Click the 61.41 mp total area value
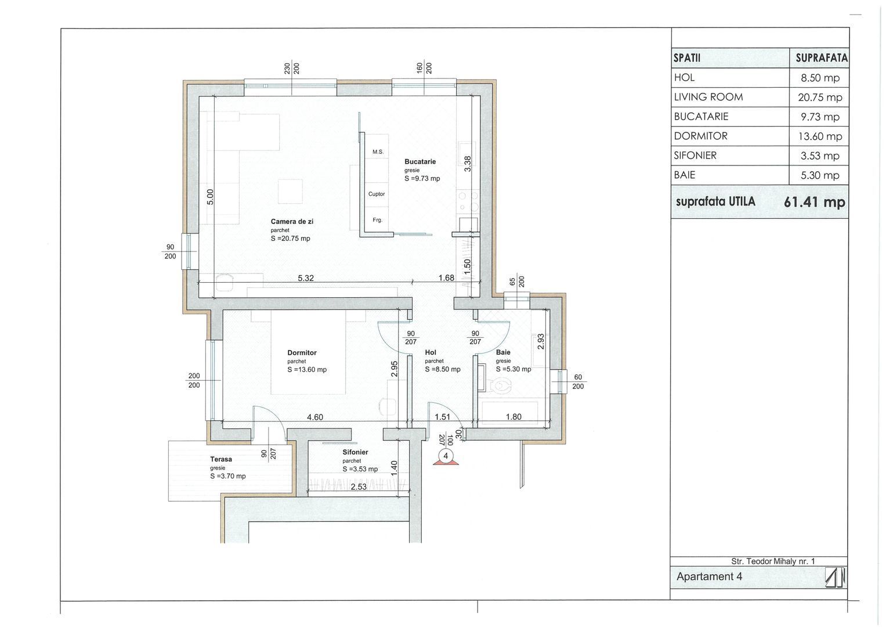815,202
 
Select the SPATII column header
687,58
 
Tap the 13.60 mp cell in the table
820,136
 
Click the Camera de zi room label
292,222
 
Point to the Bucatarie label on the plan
420,161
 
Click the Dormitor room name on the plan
302,353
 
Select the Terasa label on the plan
221,459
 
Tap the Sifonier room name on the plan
355,452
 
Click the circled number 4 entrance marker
446,456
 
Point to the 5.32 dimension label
306,278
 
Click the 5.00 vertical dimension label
211,197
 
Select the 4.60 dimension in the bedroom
315,417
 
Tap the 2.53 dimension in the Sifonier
359,487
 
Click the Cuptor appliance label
377,194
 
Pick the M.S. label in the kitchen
378,152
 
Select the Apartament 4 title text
709,576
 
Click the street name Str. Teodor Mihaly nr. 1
773,561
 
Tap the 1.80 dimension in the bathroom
513,417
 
